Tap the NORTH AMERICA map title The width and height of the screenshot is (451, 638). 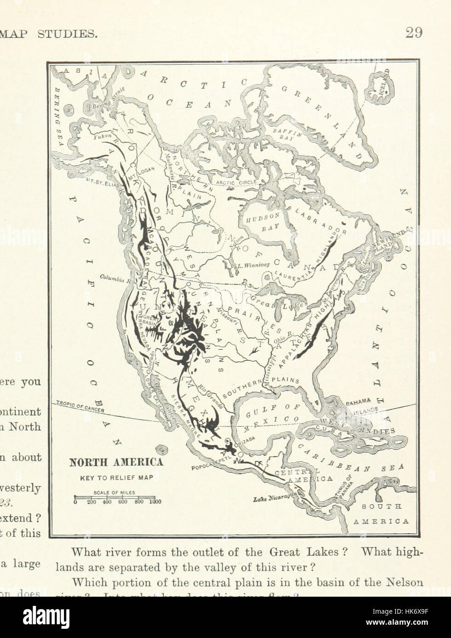(x=116, y=462)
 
